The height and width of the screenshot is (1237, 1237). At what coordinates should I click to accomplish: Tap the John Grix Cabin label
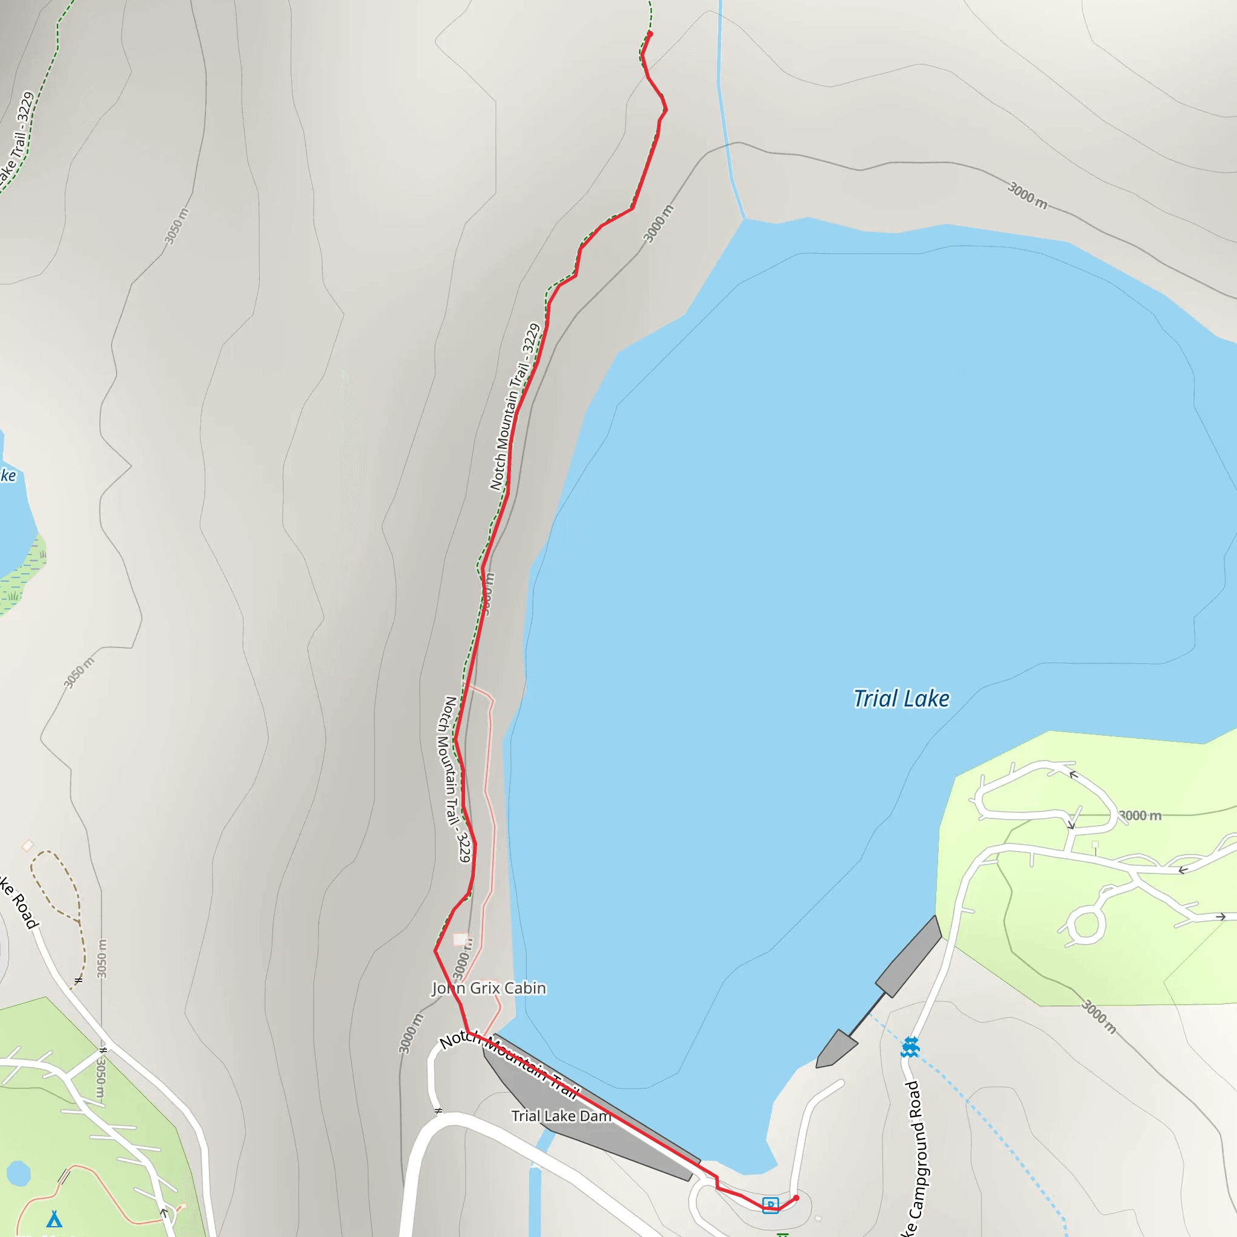pyautogui.click(x=489, y=988)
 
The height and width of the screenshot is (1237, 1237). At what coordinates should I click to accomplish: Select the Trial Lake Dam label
pyautogui.click(x=561, y=1116)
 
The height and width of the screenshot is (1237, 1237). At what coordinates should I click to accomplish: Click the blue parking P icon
pyautogui.click(x=770, y=1204)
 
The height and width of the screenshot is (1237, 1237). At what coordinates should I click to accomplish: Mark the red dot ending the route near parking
pyautogui.click(x=796, y=1197)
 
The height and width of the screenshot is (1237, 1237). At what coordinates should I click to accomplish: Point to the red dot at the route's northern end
pyautogui.click(x=650, y=34)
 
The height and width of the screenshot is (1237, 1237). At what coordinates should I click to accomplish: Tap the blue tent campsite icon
pyautogui.click(x=54, y=1218)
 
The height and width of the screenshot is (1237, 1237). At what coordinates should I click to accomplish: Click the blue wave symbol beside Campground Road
pyautogui.click(x=910, y=1047)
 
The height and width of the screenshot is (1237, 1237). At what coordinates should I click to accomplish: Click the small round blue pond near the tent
pyautogui.click(x=18, y=1174)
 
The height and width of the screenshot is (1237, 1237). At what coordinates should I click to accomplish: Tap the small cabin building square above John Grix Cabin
pyautogui.click(x=460, y=939)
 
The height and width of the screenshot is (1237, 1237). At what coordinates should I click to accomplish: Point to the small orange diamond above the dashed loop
pyautogui.click(x=27, y=846)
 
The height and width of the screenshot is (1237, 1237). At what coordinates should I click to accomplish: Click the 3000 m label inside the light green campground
pyautogui.click(x=1140, y=815)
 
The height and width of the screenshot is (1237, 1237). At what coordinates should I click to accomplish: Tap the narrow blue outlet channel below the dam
pyautogui.click(x=535, y=1191)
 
